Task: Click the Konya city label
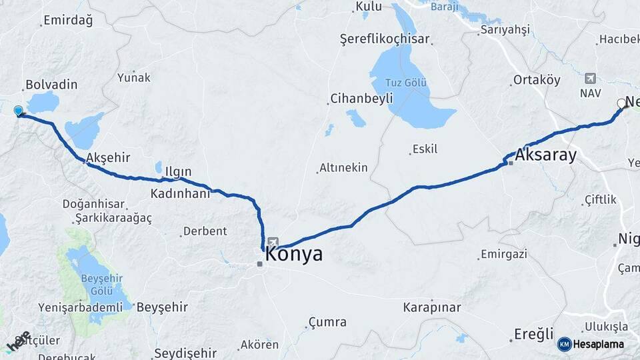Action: (294, 254)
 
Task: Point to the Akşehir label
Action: (107, 157)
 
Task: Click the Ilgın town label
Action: (178, 172)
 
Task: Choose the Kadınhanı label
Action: (180, 193)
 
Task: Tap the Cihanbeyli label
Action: (361, 99)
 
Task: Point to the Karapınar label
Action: (432, 307)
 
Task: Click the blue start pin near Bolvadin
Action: (18, 111)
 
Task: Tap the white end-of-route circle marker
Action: (621, 103)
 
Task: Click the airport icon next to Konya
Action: (272, 241)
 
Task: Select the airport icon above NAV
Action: (589, 79)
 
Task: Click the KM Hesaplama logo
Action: (591, 344)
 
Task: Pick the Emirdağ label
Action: (68, 20)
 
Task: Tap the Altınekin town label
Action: (343, 167)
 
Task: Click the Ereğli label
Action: (533, 333)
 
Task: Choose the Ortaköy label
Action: (536, 80)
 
